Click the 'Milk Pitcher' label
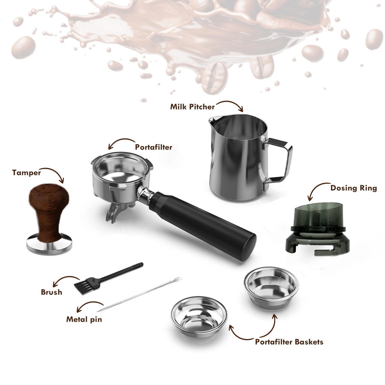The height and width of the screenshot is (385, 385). tap(192, 107)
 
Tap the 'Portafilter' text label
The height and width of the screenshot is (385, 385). tap(153, 147)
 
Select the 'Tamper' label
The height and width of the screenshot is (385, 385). tap(27, 173)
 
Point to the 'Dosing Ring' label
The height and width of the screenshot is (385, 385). tap(353, 188)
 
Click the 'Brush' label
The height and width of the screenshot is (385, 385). tap(52, 292)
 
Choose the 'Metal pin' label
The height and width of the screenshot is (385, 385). tap(84, 319)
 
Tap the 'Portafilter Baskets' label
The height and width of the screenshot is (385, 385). tap(289, 342)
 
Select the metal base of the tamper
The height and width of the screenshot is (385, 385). tap(49, 244)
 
